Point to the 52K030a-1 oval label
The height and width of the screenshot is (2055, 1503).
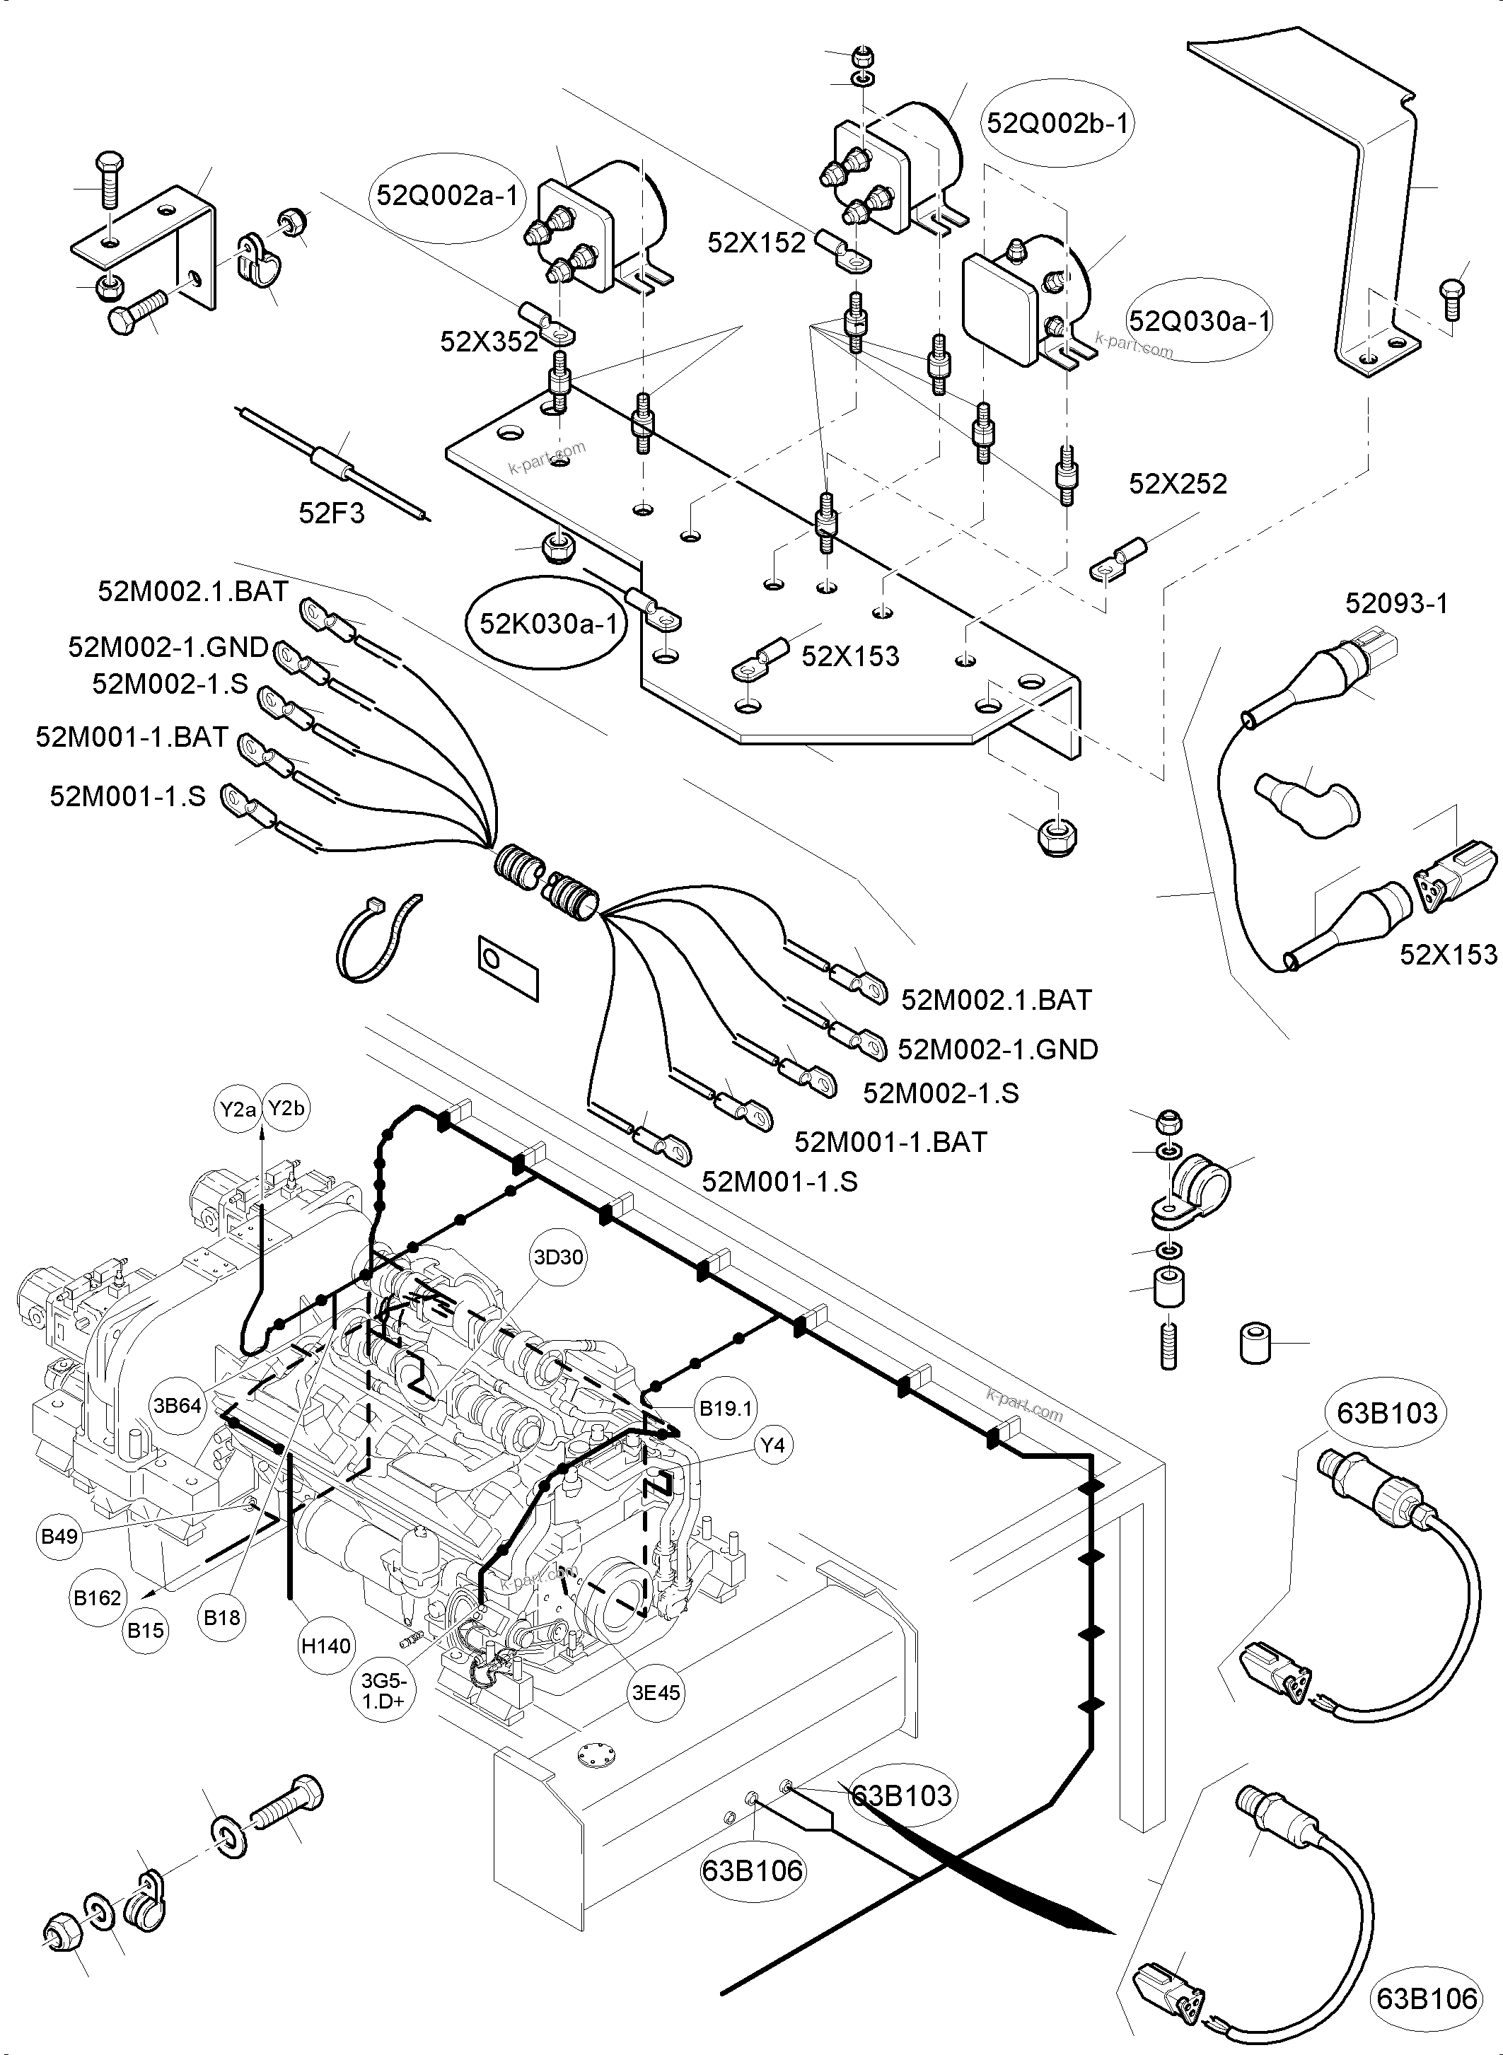click(x=547, y=624)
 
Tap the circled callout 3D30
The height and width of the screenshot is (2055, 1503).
click(x=558, y=1257)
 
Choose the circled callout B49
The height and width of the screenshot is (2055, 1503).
click(x=60, y=1537)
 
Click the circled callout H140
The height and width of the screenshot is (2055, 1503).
click(x=326, y=1645)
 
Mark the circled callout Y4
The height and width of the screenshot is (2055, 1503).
click(x=772, y=1445)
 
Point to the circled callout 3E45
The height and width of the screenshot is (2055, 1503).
click(x=656, y=1692)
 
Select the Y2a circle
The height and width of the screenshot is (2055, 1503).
click(x=238, y=1108)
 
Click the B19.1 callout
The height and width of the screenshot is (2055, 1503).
click(x=725, y=1408)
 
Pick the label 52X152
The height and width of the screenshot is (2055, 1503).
click(x=756, y=243)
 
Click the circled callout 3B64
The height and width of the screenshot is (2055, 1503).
click(x=178, y=1406)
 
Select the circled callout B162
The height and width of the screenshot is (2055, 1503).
click(x=98, y=1597)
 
